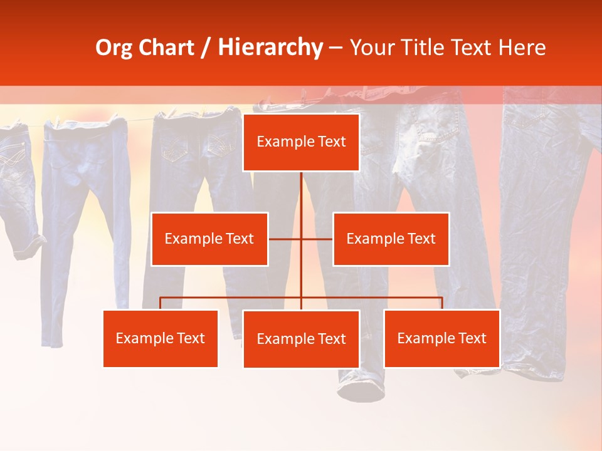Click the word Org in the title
[x=115, y=48]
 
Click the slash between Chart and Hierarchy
[x=206, y=48]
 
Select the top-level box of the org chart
[x=301, y=142]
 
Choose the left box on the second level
[x=209, y=239]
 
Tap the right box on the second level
[x=391, y=239]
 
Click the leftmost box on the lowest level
[x=161, y=338]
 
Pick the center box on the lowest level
[x=301, y=339]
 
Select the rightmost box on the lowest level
[x=441, y=338]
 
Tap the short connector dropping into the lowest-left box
[x=161, y=303]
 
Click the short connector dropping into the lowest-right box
[x=442, y=303]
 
